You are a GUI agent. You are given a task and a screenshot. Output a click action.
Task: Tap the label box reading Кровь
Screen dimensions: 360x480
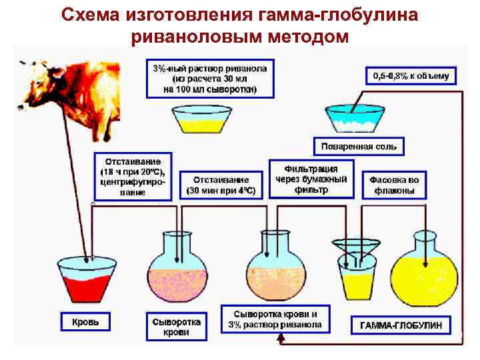(85, 322)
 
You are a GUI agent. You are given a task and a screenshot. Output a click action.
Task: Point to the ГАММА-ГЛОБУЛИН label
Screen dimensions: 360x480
(406, 326)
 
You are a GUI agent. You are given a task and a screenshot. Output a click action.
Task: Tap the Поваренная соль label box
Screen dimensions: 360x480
(359, 146)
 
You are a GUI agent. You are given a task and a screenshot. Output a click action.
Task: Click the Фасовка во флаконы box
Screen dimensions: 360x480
(395, 185)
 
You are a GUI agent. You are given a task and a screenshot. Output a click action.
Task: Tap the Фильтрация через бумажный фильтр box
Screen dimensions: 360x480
(311, 179)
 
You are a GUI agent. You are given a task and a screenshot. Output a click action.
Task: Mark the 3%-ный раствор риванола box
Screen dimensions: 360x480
(210, 79)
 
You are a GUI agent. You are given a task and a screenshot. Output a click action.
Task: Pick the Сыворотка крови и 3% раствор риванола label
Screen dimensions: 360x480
(275, 319)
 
